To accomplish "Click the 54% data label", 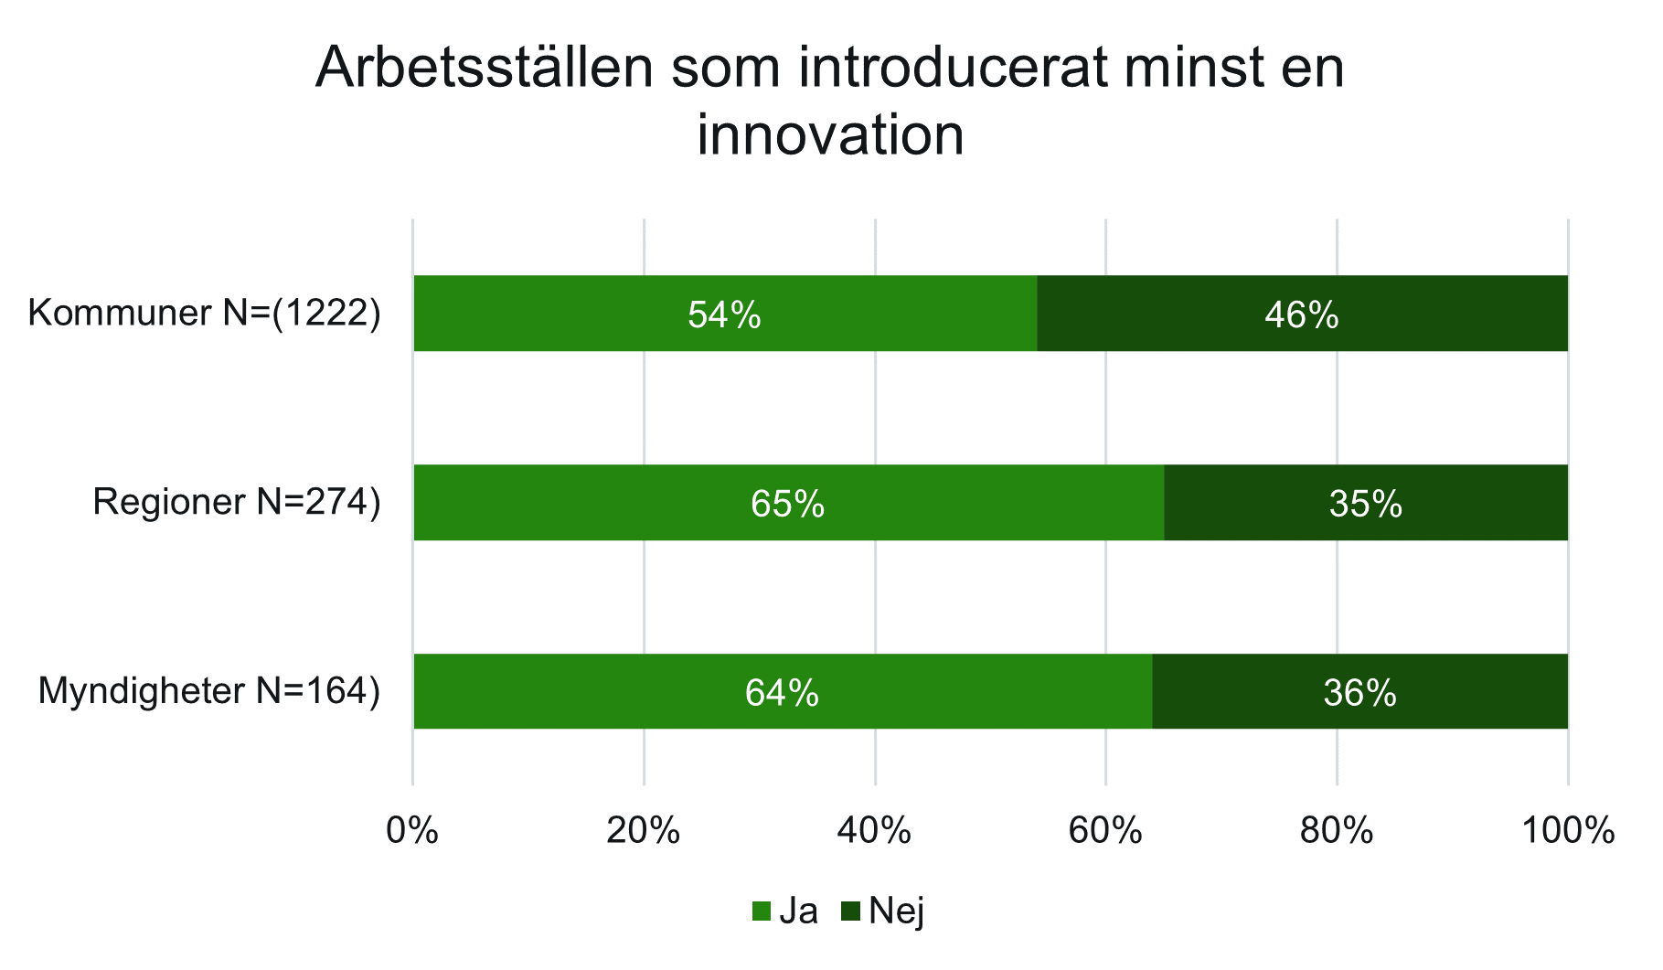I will click(x=724, y=315).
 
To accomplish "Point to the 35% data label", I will click(x=1366, y=505).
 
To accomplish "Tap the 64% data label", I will click(x=782, y=694).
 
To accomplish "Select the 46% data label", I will click(x=1302, y=315).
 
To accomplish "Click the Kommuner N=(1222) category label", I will click(x=204, y=314).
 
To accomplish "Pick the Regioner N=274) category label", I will click(x=236, y=503).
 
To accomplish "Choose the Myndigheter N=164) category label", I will click(x=208, y=692).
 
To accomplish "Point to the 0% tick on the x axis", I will click(x=412, y=832).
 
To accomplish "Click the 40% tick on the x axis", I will click(x=875, y=832).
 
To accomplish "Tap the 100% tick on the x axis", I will click(x=1568, y=832).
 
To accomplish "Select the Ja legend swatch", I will click(x=761, y=911).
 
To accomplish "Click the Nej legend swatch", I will click(x=851, y=911).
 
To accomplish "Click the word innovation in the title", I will click(x=830, y=135).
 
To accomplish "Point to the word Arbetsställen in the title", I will click(x=485, y=69).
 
